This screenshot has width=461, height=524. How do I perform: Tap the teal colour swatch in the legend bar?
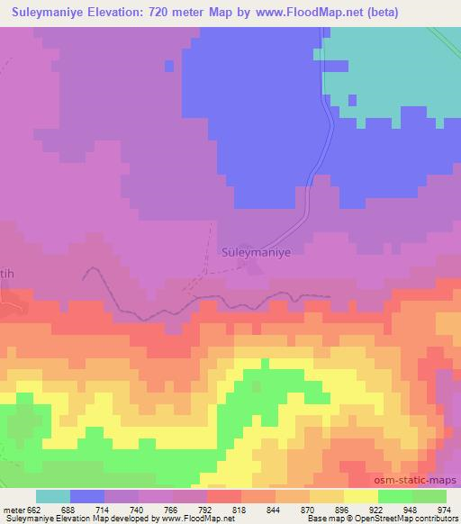click(x=53, y=496)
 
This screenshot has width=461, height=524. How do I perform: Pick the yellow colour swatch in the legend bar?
click(x=360, y=496)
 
